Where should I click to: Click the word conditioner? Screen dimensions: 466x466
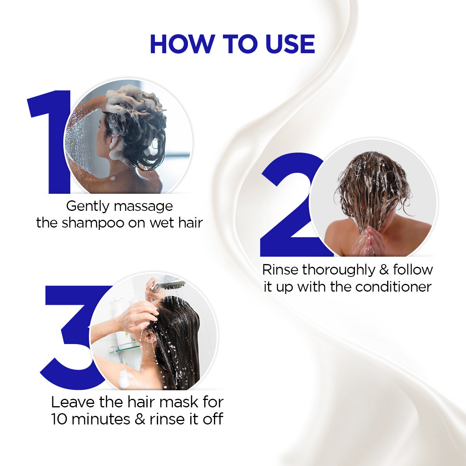click(394, 287)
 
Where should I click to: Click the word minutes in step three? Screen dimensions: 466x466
click(101, 419)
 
